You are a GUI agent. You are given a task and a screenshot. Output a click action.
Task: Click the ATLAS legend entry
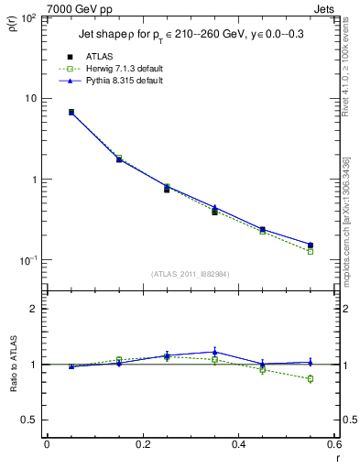99,56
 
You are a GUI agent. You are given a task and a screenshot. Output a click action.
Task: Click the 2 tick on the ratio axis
36,310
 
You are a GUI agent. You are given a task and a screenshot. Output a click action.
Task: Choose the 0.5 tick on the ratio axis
32,420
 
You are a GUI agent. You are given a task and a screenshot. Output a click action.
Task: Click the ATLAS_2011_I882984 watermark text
190,272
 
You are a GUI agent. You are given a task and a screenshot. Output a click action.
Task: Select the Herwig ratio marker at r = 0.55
311,378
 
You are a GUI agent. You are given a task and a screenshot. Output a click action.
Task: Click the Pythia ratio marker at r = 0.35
214,352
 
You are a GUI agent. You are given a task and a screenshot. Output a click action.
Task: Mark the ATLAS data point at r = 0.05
71,112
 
